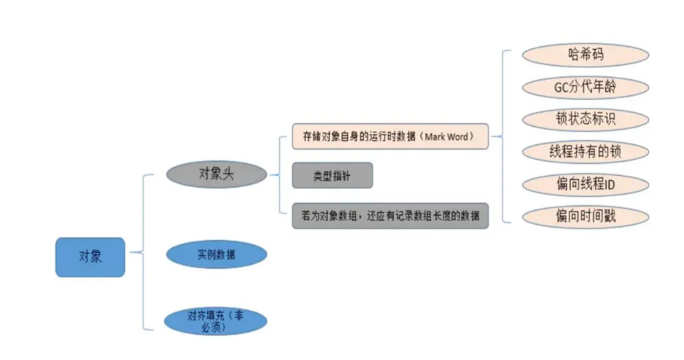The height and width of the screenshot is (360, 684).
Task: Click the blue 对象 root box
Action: tap(90, 257)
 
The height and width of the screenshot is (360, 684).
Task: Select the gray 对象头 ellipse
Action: tap(216, 174)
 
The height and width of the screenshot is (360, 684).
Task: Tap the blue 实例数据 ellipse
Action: tap(216, 255)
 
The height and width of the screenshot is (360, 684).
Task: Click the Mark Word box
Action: tap(390, 137)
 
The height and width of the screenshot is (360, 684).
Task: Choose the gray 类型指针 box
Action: tap(332, 176)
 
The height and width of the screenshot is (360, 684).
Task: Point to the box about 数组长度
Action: tap(390, 216)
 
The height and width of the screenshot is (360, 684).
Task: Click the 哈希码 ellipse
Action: tap(586, 55)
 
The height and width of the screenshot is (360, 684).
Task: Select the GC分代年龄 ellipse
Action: tap(586, 87)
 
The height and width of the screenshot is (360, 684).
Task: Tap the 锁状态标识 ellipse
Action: tap(586, 119)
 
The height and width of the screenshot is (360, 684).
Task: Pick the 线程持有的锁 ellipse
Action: tap(586, 152)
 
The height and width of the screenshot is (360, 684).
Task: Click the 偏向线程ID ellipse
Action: tap(586, 184)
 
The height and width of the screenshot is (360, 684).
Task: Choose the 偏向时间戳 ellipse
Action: tap(586, 216)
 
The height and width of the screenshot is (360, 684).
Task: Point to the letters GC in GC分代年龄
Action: tap(562, 87)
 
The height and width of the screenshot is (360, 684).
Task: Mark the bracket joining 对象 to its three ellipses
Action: tap(143, 252)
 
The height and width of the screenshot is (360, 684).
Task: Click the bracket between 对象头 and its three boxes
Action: tap(280, 175)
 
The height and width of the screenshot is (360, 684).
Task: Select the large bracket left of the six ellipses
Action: tap(503, 136)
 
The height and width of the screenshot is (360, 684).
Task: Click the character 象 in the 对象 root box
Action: tap(96, 257)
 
